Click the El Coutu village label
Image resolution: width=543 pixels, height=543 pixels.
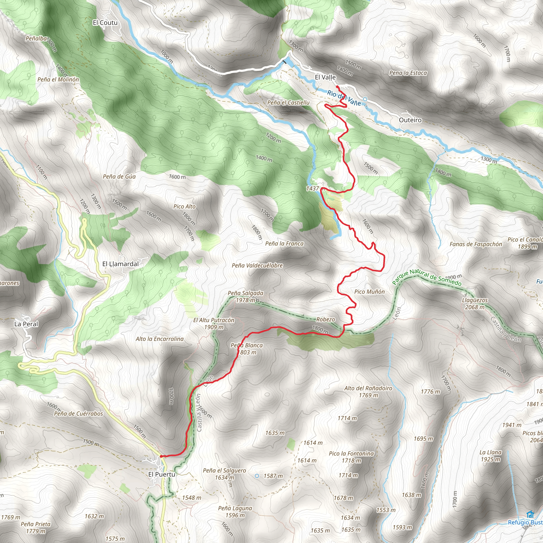[x=105, y=23]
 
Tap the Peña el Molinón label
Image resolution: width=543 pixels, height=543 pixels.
[x=58, y=80]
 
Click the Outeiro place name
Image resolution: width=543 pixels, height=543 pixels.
[x=410, y=120]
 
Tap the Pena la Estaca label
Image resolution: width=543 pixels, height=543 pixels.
[x=408, y=73]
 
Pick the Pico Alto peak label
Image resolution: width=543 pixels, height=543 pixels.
[x=184, y=207]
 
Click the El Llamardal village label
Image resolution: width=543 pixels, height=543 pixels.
[x=120, y=264]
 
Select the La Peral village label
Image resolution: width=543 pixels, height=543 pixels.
[x=26, y=324]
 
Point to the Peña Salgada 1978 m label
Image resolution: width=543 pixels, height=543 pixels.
[x=245, y=296]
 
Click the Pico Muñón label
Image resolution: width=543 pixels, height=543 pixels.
[x=369, y=292]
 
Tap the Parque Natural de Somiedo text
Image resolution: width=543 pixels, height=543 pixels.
[x=426, y=277]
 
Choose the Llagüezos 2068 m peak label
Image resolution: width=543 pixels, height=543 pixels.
[x=475, y=304]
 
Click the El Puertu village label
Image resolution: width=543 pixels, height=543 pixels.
[x=162, y=474]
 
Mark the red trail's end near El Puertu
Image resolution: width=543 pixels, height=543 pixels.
[x=161, y=456]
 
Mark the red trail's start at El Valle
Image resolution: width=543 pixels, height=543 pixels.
[x=337, y=86]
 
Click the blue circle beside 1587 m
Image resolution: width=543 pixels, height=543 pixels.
[x=257, y=476]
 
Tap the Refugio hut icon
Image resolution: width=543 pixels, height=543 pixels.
[x=530, y=514]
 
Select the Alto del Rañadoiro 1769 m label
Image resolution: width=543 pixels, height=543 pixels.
[x=368, y=392]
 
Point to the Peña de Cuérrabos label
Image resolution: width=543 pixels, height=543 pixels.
[x=78, y=414]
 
